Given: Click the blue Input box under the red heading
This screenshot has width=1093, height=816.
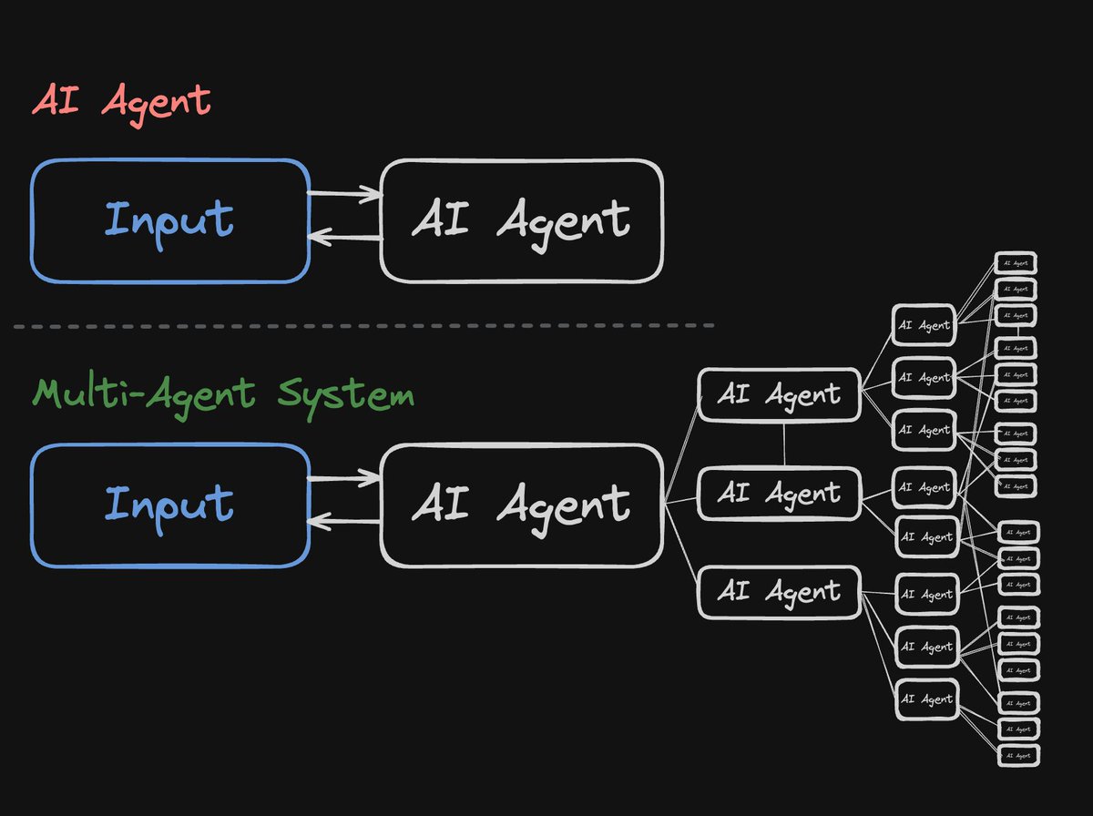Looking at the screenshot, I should tap(170, 220).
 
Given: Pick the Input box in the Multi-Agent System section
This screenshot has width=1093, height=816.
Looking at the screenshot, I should tap(170, 505).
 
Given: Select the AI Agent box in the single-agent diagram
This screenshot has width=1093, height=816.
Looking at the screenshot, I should tap(521, 220).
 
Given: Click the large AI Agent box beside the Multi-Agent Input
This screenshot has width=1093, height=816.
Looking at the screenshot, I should tap(521, 505).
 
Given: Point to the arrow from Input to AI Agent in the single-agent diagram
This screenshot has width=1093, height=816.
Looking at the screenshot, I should tap(344, 192).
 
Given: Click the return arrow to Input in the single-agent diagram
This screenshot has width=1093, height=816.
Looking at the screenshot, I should tap(344, 238).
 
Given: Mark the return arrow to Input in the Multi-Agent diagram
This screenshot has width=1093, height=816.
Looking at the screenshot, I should tap(344, 522).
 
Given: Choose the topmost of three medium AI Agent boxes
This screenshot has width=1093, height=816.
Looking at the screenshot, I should tap(779, 394).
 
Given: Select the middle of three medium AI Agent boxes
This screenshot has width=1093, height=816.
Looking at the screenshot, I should tap(779, 494).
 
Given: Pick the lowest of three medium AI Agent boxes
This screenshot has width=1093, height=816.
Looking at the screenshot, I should tap(779, 592).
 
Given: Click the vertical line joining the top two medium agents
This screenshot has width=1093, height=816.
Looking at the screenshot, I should tap(784, 444).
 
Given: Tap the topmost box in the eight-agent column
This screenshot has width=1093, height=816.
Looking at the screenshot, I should tap(924, 325).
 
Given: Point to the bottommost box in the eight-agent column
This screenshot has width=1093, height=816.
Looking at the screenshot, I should tap(926, 699).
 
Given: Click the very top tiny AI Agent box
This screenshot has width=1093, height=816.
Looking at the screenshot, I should tap(1015, 263).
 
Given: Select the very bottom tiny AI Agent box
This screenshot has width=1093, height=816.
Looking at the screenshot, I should tap(1017, 755).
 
